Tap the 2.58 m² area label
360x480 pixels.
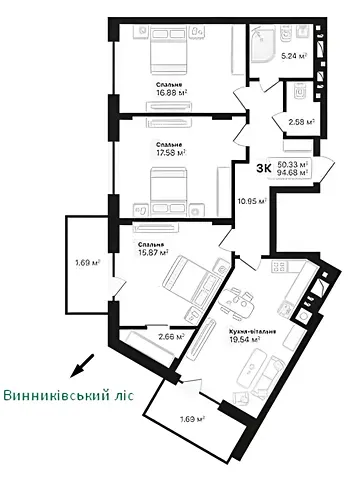pos(301,123)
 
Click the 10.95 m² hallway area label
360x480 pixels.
pos(250,200)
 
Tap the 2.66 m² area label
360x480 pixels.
pos(172,337)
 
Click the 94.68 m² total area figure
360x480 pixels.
pos(293,172)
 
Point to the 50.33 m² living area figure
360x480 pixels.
pos(293,162)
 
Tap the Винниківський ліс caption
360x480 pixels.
pos(67,395)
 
